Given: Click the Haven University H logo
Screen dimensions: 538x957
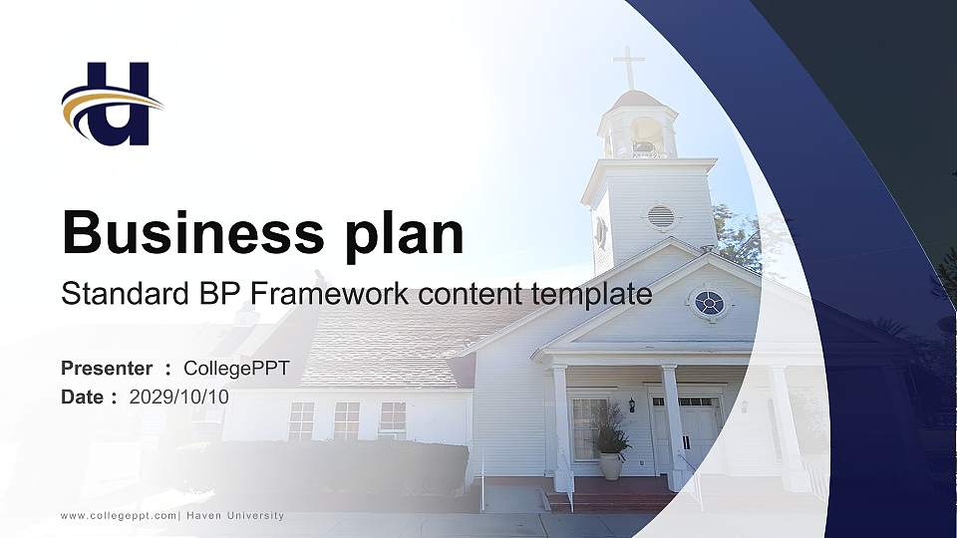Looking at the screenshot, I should point(113,103).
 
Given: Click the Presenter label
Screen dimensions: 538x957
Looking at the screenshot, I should point(107,369).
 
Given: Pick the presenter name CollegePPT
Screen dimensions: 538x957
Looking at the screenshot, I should point(236,369).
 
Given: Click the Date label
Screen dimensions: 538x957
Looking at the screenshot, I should point(82,397).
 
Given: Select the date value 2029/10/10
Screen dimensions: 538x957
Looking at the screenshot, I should point(179,397).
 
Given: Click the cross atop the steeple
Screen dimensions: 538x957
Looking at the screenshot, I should point(628,66).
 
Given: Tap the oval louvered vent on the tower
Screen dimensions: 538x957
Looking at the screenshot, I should point(660,216).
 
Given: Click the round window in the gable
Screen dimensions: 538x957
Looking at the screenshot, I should point(709,303).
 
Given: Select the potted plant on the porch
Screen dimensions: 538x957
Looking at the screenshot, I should point(610,448).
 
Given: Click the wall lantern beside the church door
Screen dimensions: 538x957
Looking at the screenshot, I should point(631,404).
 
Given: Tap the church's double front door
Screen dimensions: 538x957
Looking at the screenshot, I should point(698,432).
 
